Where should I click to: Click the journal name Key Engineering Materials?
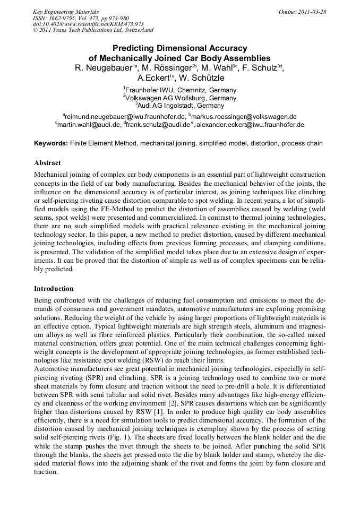[x=66, y=11]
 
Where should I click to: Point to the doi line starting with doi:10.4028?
[x=88, y=24]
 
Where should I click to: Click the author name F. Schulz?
[x=262, y=68]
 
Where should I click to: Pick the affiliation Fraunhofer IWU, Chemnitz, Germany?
[x=181, y=90]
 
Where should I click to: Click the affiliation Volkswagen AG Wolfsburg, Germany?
[x=181, y=98]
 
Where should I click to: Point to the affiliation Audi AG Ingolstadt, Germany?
[x=181, y=106]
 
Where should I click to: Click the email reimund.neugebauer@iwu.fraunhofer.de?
[x=125, y=116]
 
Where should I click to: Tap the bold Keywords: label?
[x=51, y=143]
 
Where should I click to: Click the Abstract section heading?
[x=47, y=163]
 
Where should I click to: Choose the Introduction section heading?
[x=54, y=289]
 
